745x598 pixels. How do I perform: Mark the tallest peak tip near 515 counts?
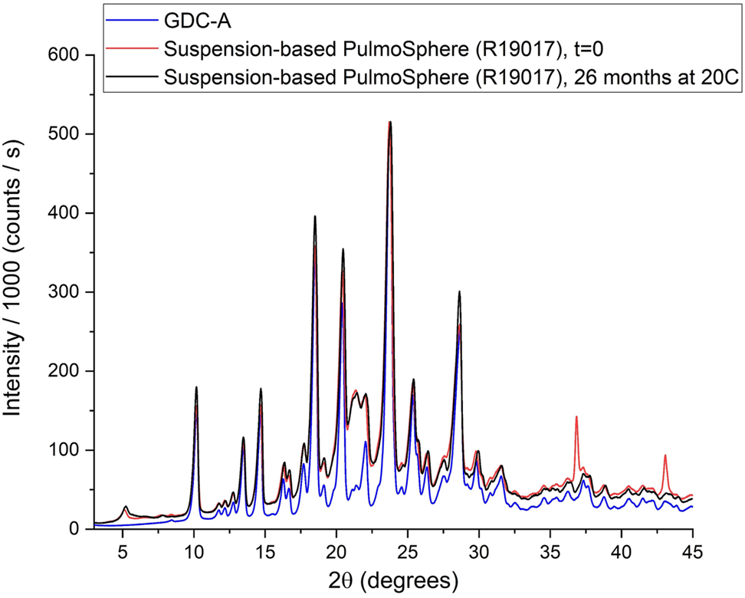point(390,123)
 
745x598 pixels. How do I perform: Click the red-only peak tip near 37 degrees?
point(576,417)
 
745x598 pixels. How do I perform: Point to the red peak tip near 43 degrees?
point(665,455)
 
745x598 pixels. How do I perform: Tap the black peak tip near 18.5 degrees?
point(315,217)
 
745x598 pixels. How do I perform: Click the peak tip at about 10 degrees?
point(196,388)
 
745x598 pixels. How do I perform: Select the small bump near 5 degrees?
point(126,508)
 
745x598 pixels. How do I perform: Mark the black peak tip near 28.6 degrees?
point(459,292)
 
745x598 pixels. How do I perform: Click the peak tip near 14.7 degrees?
point(261,389)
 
